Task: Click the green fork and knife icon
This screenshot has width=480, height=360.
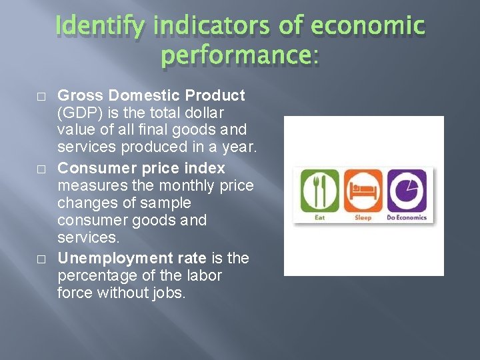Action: tap(320, 191)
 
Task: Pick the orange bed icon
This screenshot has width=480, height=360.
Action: tap(363, 191)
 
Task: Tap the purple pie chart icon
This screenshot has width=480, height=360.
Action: tap(407, 191)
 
